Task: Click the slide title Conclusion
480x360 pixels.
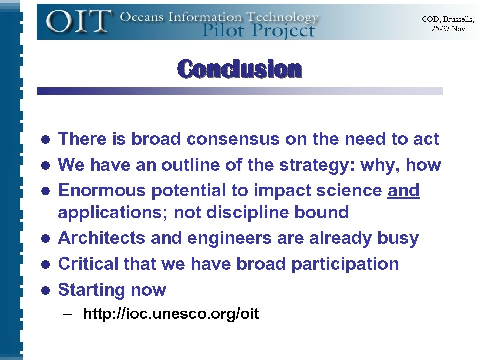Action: coord(239,69)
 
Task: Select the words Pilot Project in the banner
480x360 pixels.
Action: coord(258,31)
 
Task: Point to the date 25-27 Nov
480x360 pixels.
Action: coord(448,28)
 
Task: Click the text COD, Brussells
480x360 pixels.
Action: coord(447,19)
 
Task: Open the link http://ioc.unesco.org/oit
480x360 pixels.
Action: coord(171,314)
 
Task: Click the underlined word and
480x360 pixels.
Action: coord(403,190)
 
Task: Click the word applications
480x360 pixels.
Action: coord(113,213)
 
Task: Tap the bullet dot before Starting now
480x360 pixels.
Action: coord(45,290)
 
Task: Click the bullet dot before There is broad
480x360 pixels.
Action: coord(45,139)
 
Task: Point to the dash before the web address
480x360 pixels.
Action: coord(68,315)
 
